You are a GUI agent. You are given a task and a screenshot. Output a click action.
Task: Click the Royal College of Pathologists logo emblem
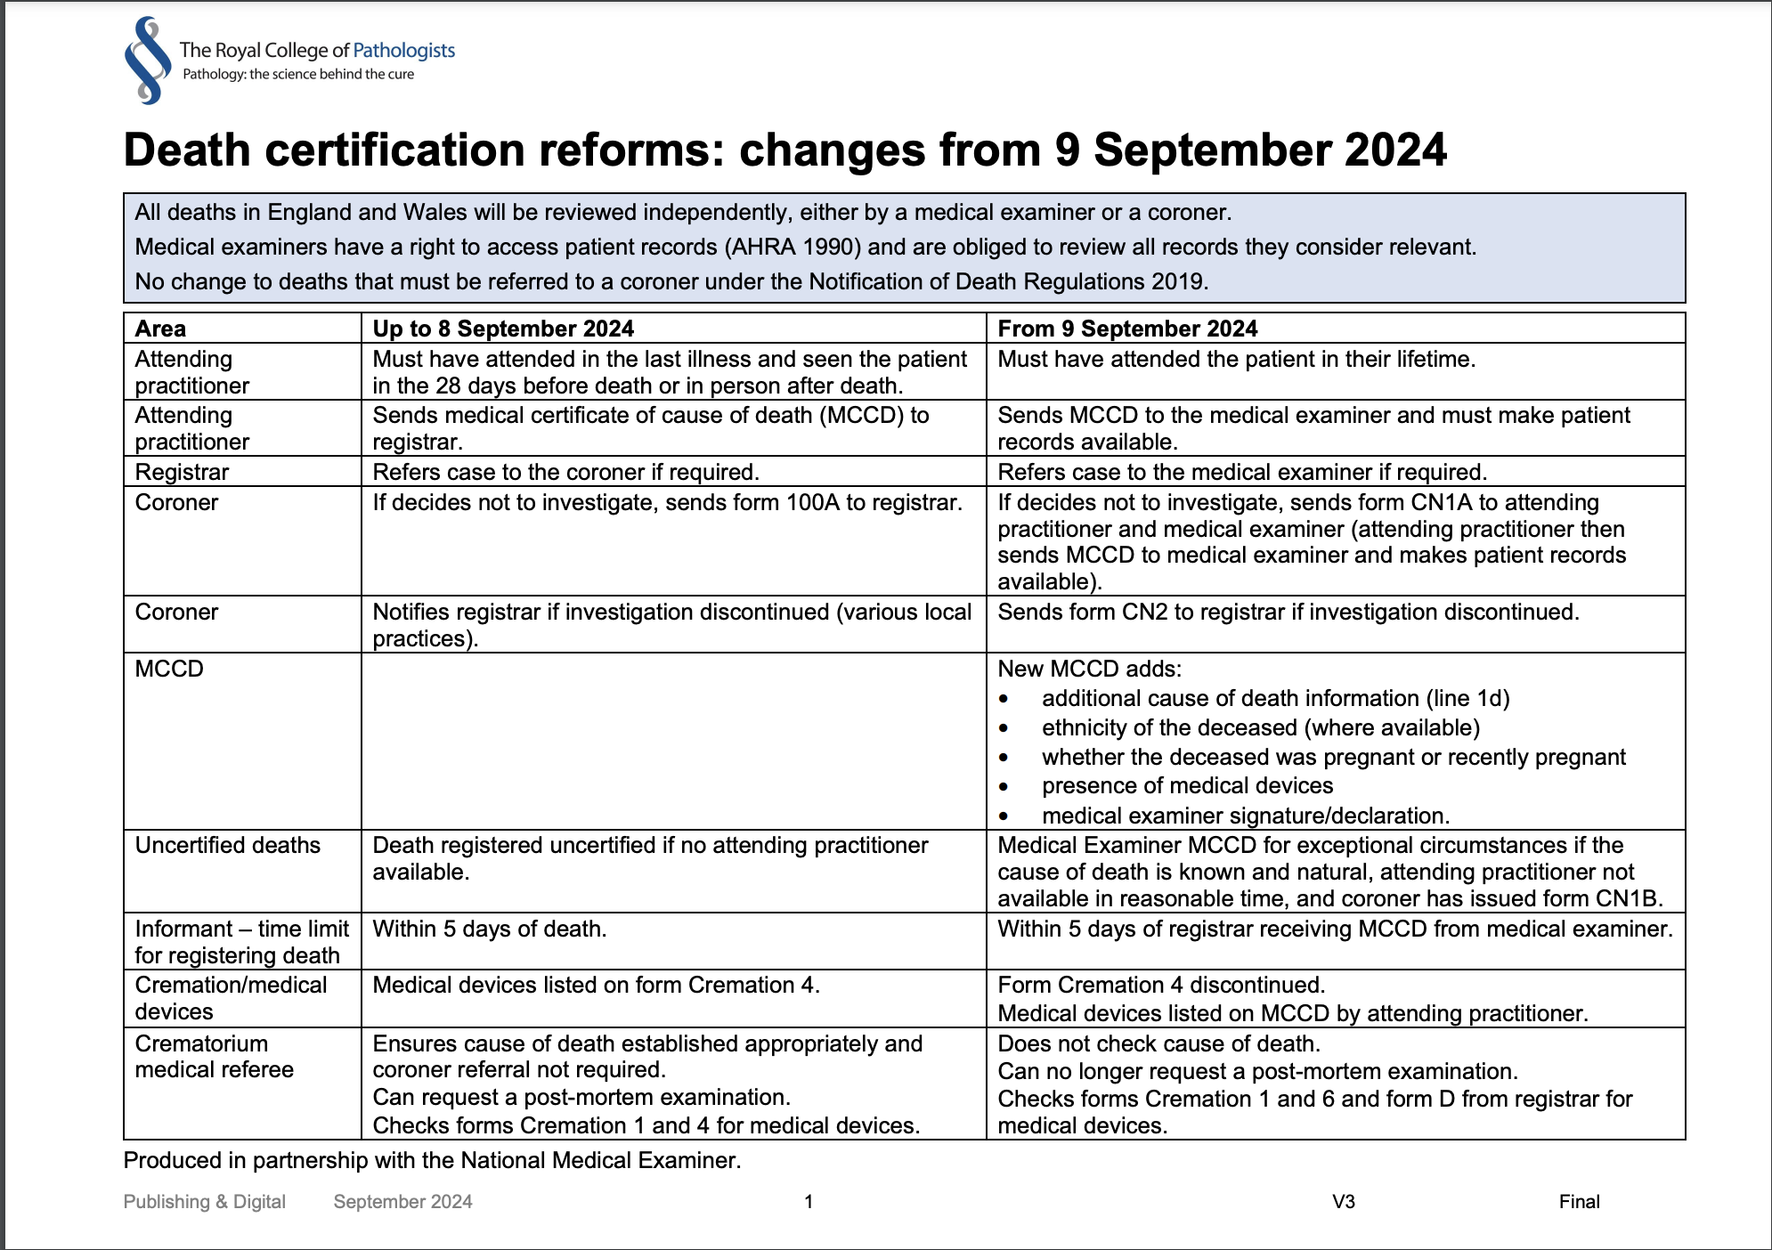tap(147, 61)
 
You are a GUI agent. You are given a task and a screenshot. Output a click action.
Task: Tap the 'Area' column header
tap(160, 329)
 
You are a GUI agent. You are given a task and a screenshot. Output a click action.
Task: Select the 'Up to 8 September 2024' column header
tap(503, 329)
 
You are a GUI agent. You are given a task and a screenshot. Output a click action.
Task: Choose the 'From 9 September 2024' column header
tap(1127, 329)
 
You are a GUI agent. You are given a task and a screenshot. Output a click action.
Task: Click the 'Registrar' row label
tap(182, 472)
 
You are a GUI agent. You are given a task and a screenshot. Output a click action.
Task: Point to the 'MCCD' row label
tap(169, 669)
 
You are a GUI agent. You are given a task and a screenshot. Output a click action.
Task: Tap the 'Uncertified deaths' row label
tap(227, 845)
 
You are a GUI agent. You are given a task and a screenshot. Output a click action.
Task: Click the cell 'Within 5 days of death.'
tap(490, 929)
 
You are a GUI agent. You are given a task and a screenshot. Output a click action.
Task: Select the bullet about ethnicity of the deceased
tap(1260, 728)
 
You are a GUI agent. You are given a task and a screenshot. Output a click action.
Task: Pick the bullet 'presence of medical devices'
tap(1187, 786)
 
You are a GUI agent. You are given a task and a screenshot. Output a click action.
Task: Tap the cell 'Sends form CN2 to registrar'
tap(1288, 613)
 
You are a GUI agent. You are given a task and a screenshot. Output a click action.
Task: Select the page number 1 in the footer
tap(809, 1202)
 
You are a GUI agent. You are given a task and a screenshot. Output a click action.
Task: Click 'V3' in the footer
tap(1343, 1202)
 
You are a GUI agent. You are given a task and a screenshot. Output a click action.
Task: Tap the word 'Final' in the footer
tap(1579, 1202)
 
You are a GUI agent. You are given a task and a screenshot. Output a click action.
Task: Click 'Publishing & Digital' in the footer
tap(205, 1202)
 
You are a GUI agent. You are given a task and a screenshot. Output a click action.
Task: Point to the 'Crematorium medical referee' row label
tap(214, 1057)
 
